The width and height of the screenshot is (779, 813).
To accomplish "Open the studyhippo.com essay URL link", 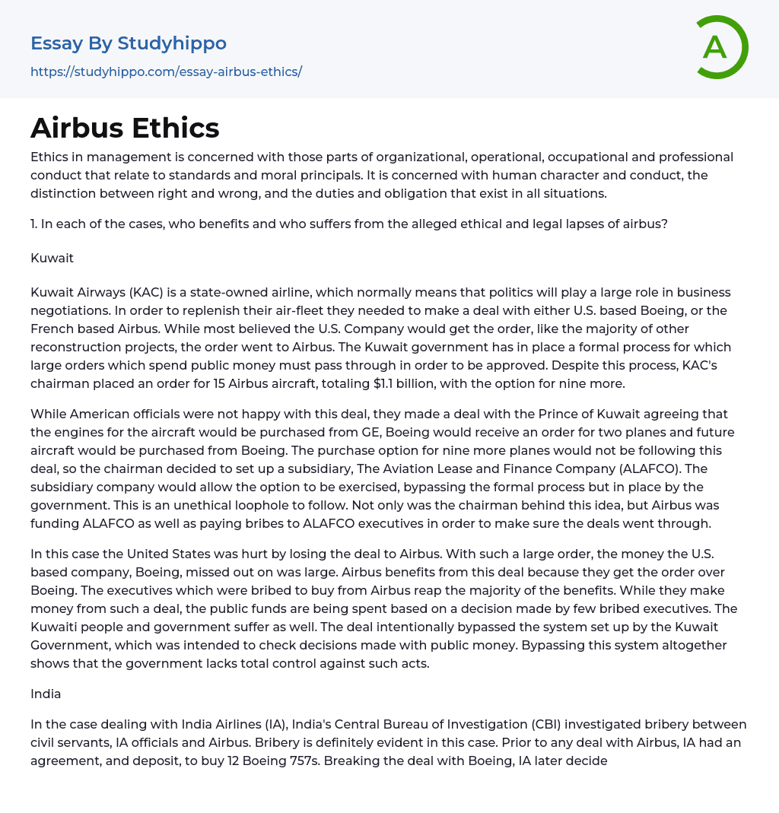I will point(166,71).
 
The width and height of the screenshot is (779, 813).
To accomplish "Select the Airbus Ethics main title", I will point(125,128).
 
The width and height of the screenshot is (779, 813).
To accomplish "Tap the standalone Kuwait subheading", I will point(52,258).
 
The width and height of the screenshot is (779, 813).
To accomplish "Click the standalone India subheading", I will point(46,694).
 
